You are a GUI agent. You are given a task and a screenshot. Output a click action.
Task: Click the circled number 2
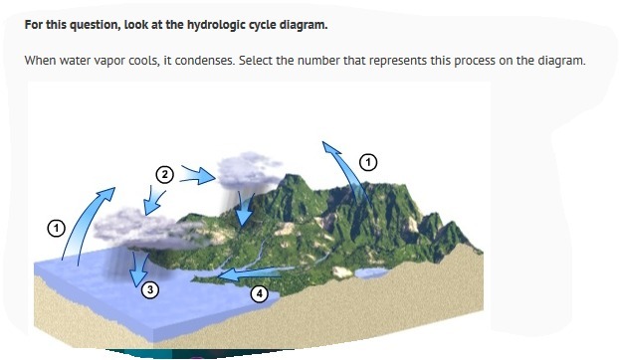(x=164, y=175)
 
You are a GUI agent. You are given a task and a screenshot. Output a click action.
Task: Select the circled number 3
(x=150, y=289)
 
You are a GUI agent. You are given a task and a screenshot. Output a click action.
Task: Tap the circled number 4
(x=260, y=293)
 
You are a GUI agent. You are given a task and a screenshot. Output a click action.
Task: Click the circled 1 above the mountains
(x=368, y=162)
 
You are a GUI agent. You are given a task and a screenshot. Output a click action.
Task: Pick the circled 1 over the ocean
(x=56, y=229)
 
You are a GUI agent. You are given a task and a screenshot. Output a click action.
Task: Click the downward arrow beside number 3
(x=139, y=269)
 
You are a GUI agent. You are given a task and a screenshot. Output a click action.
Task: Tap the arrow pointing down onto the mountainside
(x=243, y=210)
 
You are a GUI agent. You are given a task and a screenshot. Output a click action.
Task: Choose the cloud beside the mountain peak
(x=250, y=170)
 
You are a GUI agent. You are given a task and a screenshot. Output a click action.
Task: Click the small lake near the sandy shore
(x=371, y=272)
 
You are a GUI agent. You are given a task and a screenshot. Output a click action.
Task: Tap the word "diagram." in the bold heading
(x=304, y=25)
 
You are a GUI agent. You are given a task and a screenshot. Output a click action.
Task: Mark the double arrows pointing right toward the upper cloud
(x=197, y=175)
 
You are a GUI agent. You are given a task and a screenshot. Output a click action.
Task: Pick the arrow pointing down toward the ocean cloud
(x=153, y=202)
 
